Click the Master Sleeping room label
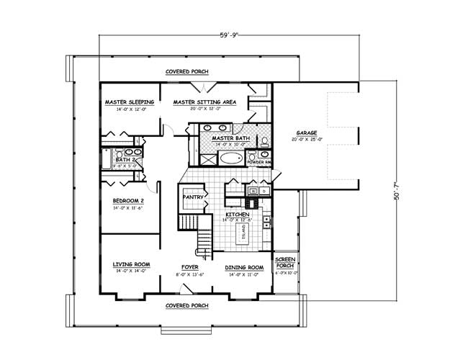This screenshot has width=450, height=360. point(125,102)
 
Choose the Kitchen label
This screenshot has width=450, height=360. point(238,215)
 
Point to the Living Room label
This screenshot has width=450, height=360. point(130,266)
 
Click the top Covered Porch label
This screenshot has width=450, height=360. point(187,72)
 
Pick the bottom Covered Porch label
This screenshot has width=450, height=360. point(187,305)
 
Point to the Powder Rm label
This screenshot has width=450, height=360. point(258,162)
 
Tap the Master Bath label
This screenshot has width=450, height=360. point(230,138)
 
